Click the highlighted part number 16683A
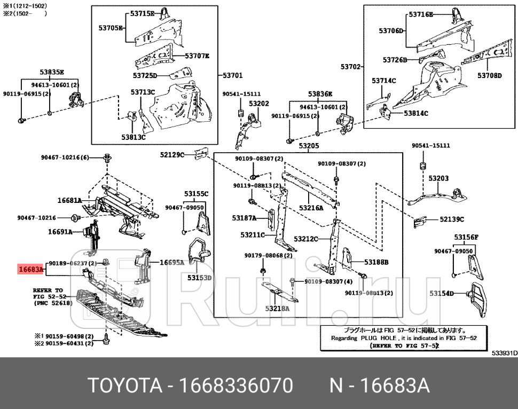[x=30, y=270]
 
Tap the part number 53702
[x=351, y=67]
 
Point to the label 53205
[x=309, y=146]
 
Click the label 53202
[x=259, y=104]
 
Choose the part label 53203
[x=438, y=178]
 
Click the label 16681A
[x=69, y=201]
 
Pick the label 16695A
[x=172, y=262]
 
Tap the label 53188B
[x=376, y=262]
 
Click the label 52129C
[x=172, y=155]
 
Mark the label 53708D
[x=489, y=76]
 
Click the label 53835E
[x=52, y=72]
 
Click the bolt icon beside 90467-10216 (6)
[x=107, y=158]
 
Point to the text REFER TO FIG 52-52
[x=49, y=293]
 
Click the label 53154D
[x=442, y=293]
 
